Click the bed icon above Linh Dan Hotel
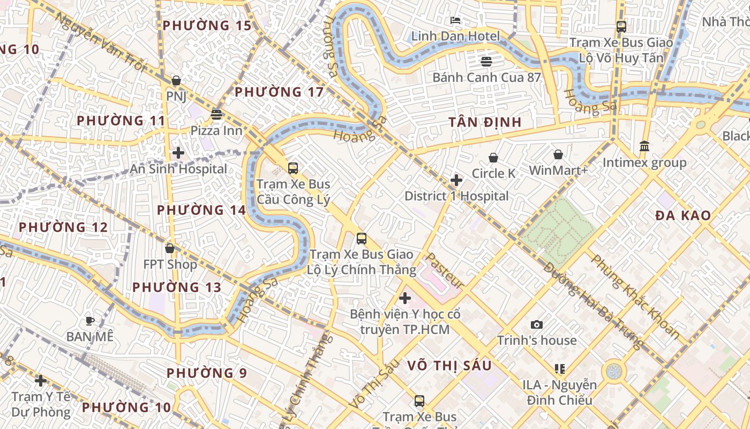[x=456, y=21]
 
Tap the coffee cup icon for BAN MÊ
[x=90, y=321]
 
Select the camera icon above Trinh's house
[x=536, y=324]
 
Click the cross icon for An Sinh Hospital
[x=178, y=153]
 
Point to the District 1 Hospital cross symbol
[x=456, y=180]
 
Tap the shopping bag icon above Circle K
[x=493, y=158]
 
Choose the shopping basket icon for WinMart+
[x=558, y=154]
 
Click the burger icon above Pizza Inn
[x=216, y=114]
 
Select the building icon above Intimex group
[x=644, y=146]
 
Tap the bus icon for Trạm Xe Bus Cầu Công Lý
[x=293, y=168]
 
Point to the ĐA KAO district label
[x=683, y=216]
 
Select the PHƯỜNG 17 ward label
[x=279, y=92]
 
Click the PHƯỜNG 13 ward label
[x=177, y=287]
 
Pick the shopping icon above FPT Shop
[x=170, y=248]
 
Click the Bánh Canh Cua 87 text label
[x=486, y=77]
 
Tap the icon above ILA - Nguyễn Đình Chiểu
[x=560, y=368]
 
